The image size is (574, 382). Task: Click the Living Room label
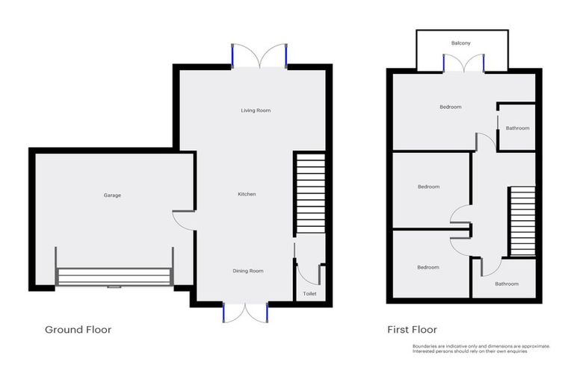[256, 110]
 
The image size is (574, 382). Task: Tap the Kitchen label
[247, 194]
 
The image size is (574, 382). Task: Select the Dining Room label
[247, 271]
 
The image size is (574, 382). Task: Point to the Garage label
[112, 195]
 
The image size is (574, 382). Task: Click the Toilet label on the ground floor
[309, 295]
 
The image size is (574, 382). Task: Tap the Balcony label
[461, 43]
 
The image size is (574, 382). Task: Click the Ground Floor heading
[78, 329]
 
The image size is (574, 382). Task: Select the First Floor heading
[412, 329]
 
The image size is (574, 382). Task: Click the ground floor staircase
[309, 193]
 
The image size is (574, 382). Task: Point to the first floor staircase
[522, 222]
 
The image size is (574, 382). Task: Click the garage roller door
[114, 276]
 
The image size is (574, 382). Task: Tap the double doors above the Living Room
[259, 57]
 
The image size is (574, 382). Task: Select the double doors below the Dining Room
[245, 313]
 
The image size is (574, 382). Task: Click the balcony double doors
[464, 63]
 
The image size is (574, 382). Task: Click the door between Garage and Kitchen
[182, 220]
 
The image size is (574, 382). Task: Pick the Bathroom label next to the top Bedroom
[517, 128]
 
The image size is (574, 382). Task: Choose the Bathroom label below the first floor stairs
[506, 284]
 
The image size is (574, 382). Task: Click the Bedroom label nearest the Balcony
[450, 107]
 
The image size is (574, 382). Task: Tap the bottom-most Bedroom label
[428, 267]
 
